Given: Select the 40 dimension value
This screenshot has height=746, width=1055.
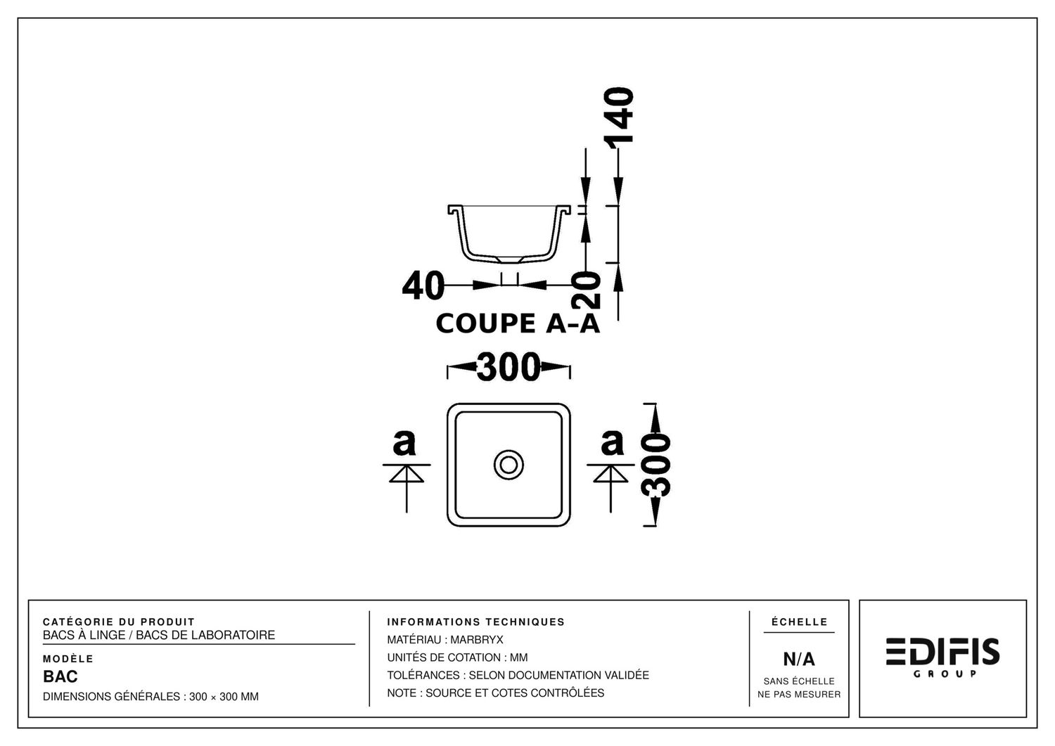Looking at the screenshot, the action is coord(423,285).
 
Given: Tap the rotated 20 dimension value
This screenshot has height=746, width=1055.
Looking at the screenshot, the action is coord(586,290).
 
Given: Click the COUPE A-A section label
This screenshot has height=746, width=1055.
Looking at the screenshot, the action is coord(518,323).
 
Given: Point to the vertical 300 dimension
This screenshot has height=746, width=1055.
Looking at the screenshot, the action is coord(656,465).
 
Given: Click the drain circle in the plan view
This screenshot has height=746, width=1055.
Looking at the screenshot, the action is coord(509,465).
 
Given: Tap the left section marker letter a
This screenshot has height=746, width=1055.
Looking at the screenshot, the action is coord(404,442).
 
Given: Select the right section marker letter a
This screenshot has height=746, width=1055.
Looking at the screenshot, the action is coord(612,442).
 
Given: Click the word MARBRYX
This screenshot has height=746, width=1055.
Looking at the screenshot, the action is coord(477,640).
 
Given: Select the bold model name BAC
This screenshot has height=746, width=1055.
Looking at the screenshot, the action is coord(60,677).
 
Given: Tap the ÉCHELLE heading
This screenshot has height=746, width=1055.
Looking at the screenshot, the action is coord(799,622).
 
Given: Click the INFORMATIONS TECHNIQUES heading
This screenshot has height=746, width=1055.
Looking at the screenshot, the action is coord(475,622).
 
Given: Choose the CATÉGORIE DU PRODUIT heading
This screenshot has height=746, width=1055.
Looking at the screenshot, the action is coord(119,622).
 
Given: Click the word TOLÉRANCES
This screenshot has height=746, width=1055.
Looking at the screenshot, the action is coord(423,676).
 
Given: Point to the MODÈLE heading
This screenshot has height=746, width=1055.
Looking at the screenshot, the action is coord(68,659).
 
